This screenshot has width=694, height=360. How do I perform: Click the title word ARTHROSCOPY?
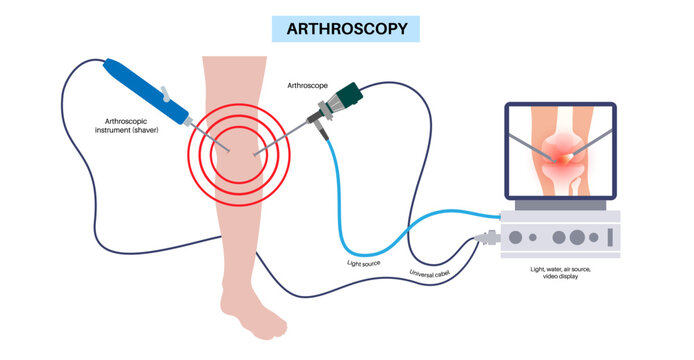tap(346, 28)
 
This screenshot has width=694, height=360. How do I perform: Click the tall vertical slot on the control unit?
tap(607, 237)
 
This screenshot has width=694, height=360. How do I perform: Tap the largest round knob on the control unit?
tap(577, 238)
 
